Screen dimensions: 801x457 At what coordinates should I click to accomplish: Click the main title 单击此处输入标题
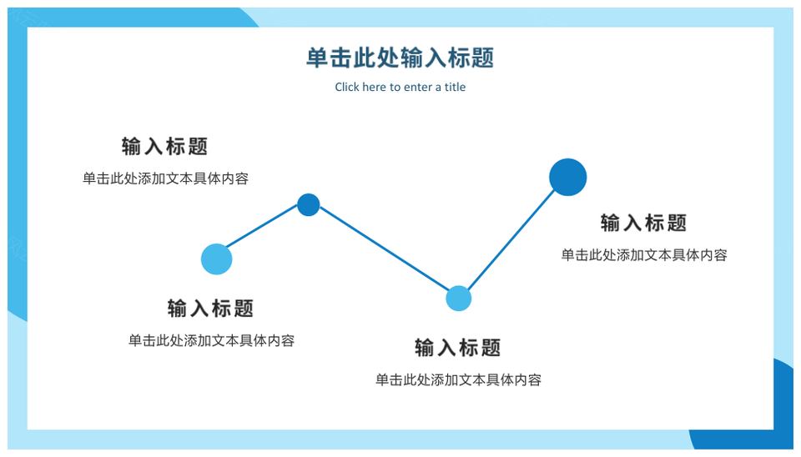point(400,58)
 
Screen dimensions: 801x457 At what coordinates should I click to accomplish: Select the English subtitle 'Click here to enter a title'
point(400,87)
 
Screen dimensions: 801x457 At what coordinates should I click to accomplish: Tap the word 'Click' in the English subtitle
point(347,87)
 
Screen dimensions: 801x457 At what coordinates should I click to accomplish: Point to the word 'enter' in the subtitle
point(419,88)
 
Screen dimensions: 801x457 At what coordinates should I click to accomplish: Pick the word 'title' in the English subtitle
point(455,87)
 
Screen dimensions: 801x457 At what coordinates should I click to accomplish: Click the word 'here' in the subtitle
point(374,87)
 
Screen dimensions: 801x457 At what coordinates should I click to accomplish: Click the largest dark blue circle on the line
point(567,177)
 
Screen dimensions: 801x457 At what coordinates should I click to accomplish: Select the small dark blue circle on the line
point(309,205)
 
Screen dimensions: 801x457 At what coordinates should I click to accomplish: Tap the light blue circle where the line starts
point(217,259)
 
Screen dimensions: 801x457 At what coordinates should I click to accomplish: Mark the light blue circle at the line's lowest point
point(458,299)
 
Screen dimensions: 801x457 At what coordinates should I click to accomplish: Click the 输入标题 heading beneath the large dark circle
point(643,223)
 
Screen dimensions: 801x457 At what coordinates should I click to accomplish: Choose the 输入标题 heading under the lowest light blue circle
point(458,348)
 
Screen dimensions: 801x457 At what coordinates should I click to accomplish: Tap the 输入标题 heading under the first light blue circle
point(210,309)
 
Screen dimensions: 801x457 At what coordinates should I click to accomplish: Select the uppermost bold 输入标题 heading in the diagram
point(164,147)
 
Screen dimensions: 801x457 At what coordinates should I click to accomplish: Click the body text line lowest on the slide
point(458,380)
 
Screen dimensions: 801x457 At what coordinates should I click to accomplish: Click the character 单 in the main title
point(317,58)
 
